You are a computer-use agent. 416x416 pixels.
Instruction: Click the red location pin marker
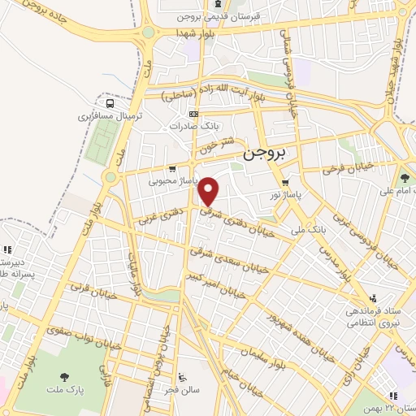210,191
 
